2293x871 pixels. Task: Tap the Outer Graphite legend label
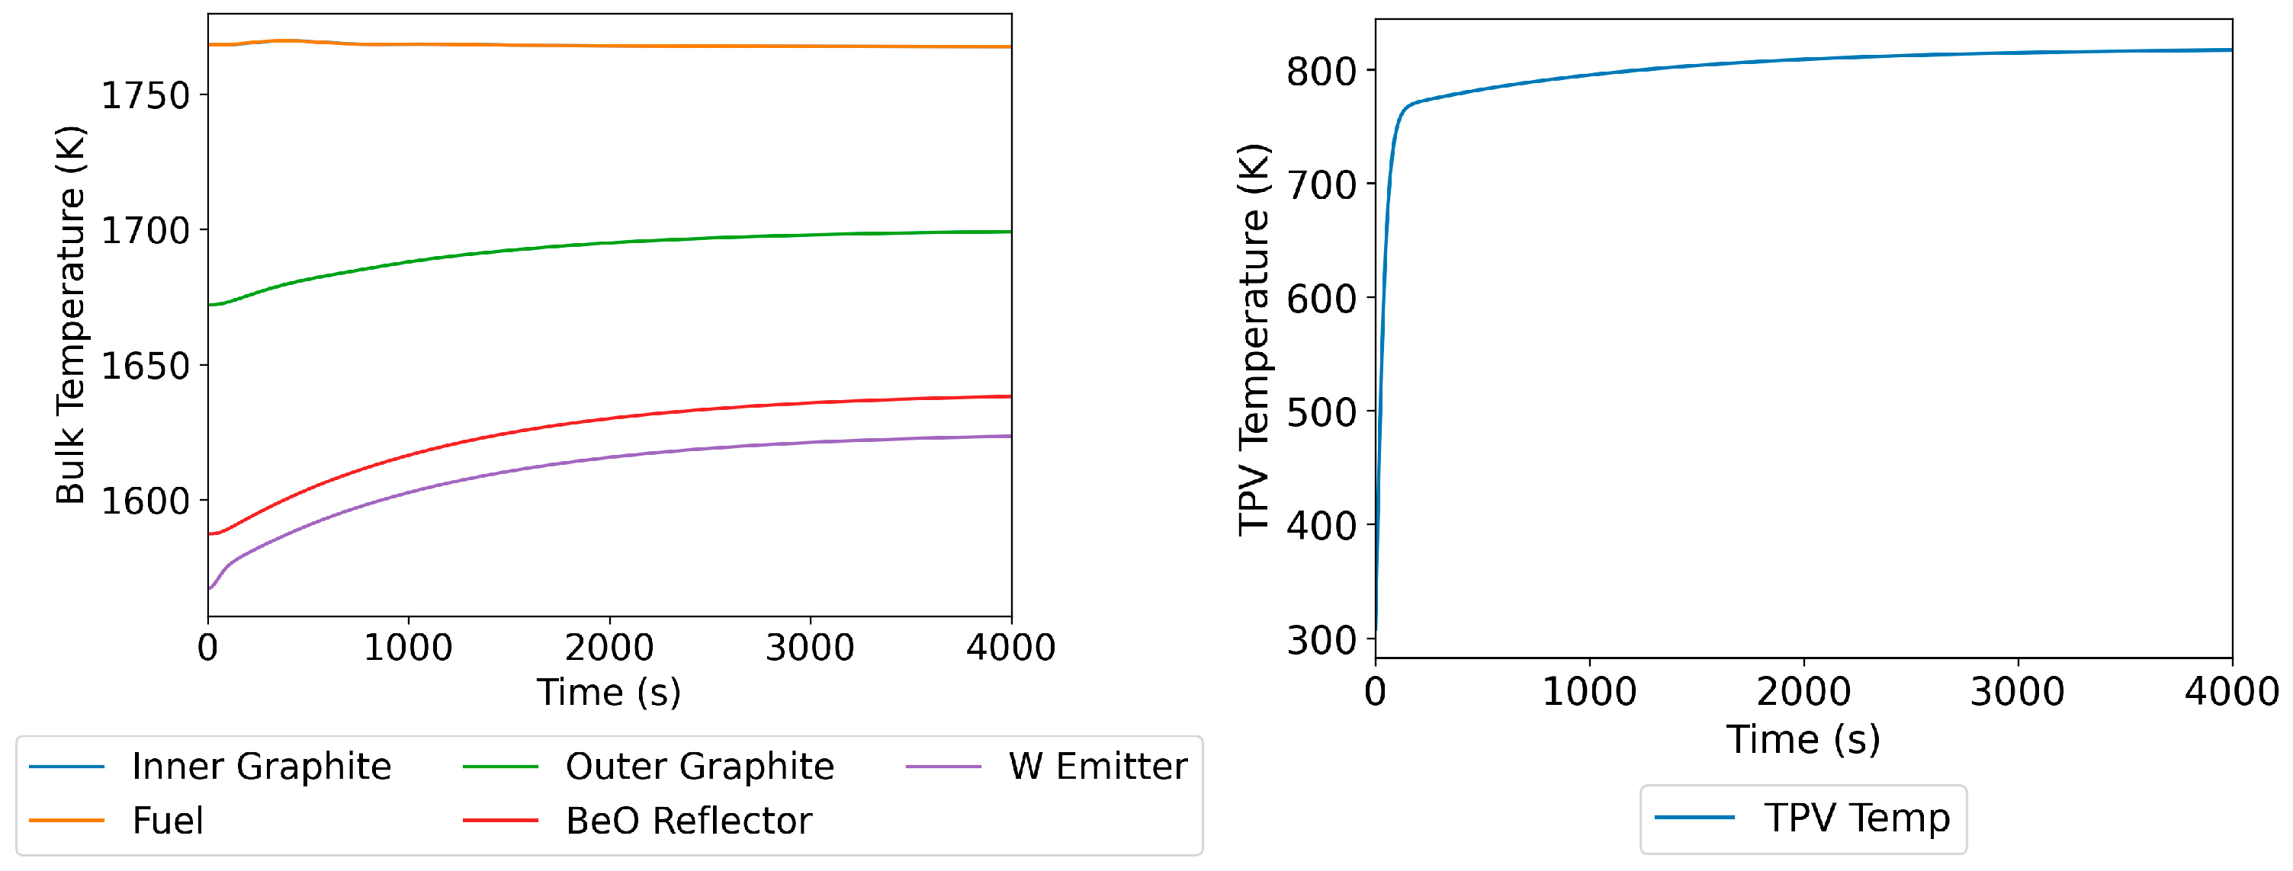(x=700, y=767)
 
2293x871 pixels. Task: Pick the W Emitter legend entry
(x=1097, y=767)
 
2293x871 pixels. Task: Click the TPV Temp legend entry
(x=1857, y=818)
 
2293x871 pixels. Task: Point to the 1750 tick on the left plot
(x=146, y=95)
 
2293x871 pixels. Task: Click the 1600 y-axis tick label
(x=146, y=501)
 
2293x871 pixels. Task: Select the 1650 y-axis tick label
(x=146, y=366)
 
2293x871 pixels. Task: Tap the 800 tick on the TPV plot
(x=1321, y=71)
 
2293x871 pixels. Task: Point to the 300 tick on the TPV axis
(x=1321, y=639)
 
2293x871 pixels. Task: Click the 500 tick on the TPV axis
(x=1321, y=413)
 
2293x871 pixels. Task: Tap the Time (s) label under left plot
(x=609, y=692)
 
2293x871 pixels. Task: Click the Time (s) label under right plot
(x=1803, y=739)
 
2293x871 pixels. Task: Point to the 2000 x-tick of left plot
(x=609, y=648)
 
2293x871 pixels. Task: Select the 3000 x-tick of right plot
(x=2017, y=692)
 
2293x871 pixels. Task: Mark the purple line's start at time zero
(x=210, y=588)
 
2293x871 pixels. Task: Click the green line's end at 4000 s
(x=1010, y=232)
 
